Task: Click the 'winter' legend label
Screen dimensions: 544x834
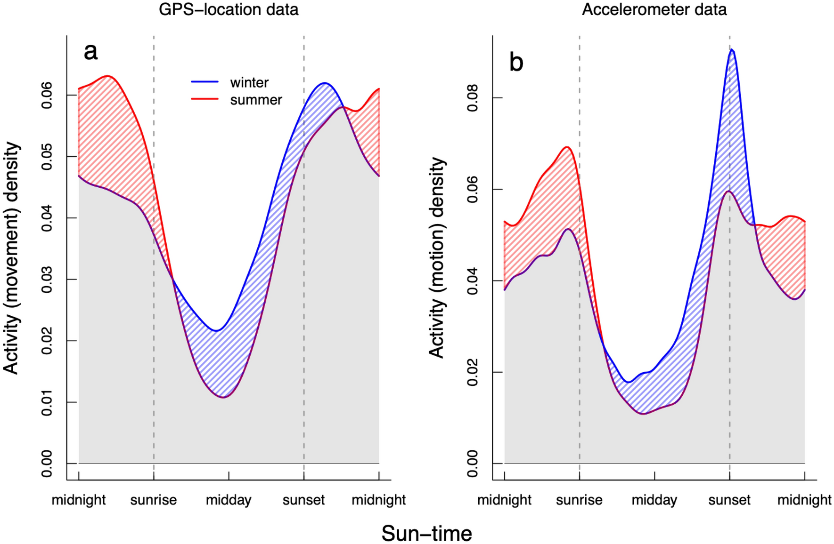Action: coord(249,83)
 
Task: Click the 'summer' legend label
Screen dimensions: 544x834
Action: coord(256,100)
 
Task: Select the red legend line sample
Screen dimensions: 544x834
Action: coord(204,99)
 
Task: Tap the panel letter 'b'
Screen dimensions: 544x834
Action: coord(516,62)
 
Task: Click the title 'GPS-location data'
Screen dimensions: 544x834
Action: coord(229,9)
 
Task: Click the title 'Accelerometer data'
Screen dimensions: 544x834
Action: coord(654,9)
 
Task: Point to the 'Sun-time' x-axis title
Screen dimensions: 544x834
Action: coord(426,534)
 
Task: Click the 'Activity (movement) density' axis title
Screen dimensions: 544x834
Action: coord(11,258)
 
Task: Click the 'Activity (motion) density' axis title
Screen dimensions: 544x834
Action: coord(437,258)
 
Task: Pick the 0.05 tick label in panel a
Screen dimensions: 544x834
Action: coord(47,157)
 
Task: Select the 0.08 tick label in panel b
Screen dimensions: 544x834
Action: coord(472,98)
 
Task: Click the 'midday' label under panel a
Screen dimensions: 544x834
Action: coord(229,500)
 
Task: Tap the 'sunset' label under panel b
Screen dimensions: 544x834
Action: coord(729,500)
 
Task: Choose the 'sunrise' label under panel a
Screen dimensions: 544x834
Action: coord(154,500)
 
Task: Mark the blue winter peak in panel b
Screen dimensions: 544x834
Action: coord(731,49)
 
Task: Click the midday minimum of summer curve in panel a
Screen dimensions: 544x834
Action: coord(224,397)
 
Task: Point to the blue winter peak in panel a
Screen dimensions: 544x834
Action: coord(324,83)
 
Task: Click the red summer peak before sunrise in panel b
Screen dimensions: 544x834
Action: coord(567,147)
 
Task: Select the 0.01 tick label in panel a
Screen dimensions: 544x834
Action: coord(47,402)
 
